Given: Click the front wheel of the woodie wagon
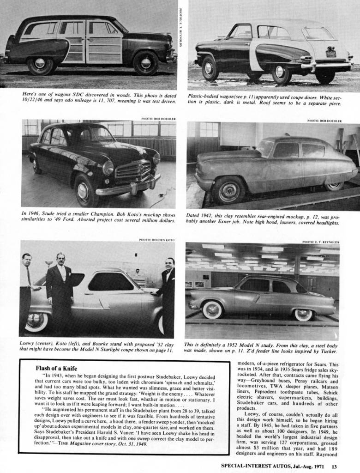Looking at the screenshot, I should pos(146,63).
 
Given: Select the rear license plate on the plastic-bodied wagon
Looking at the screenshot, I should pos(331,54).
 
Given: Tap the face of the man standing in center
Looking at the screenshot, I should pos(60,259).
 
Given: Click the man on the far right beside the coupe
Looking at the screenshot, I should pos(168,296).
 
